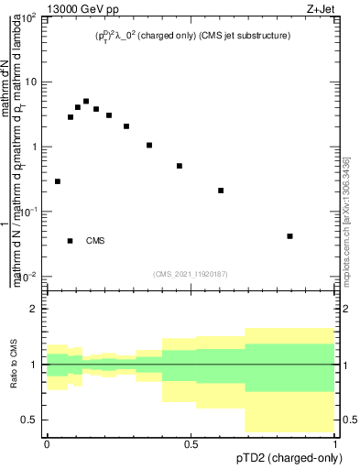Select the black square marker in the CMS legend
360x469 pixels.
pyautogui.click(x=71, y=241)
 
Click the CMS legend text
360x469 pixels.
pyautogui.click(x=95, y=241)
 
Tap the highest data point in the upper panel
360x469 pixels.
pyautogui.click(x=86, y=102)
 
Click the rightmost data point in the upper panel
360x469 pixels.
pyautogui.click(x=290, y=236)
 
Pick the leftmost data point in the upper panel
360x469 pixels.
pyautogui.click(x=58, y=181)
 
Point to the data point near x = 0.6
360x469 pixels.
pyautogui.click(x=221, y=191)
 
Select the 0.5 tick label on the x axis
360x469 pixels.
pyautogui.click(x=191, y=442)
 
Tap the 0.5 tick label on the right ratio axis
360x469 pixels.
pyautogui.click(x=349, y=420)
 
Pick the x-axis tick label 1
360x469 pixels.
pyautogui.click(x=335, y=442)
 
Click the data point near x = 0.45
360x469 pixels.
pyautogui.click(x=180, y=166)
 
